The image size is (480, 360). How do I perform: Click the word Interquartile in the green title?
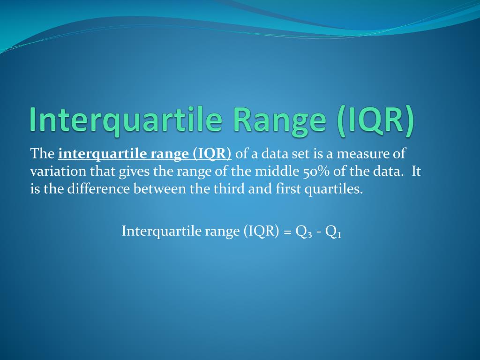pos(126,120)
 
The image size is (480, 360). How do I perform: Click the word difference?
pos(98,188)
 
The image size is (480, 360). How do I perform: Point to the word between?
pos(160,188)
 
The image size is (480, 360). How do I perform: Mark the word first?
pos(288,188)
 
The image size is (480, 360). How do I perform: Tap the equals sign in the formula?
pos(287,232)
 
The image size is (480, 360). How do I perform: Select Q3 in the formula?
pos(304,232)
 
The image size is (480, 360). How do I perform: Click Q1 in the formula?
pos(333,232)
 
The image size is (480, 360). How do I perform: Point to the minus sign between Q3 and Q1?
pos(319,232)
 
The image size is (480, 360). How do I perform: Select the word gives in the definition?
pos(134,172)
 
